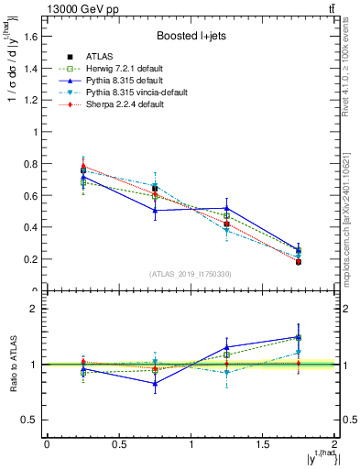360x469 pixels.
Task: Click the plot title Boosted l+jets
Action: [x=190, y=37]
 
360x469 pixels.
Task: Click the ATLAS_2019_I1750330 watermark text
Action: [x=190, y=273]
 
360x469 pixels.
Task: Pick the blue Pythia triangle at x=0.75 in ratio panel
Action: [x=155, y=383]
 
